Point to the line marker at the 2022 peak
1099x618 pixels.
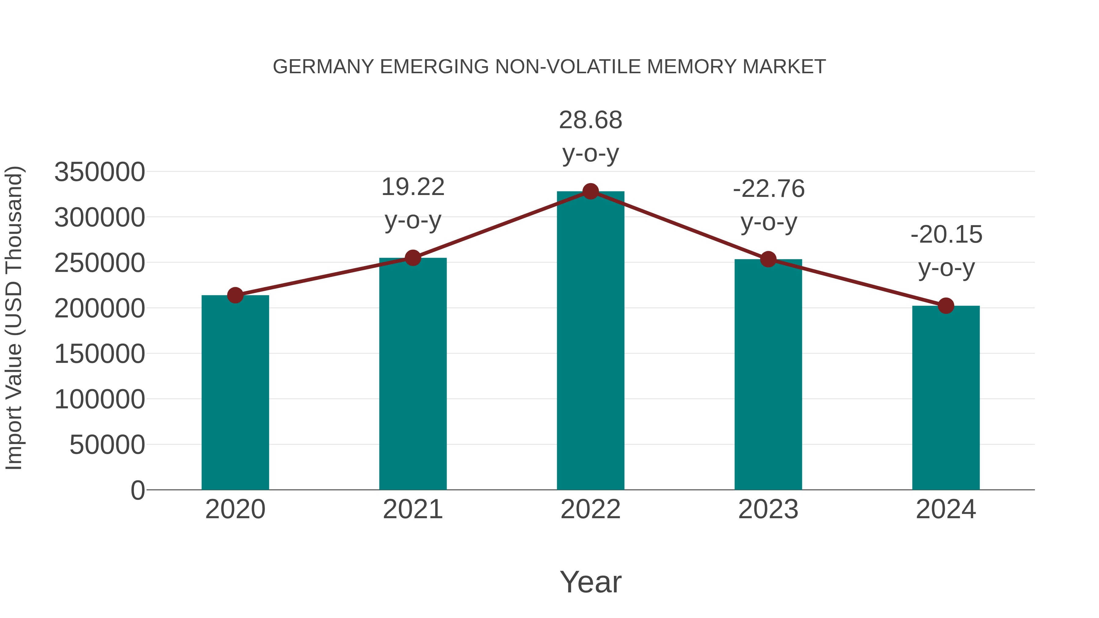(x=590, y=191)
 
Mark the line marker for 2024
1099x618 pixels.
(x=946, y=305)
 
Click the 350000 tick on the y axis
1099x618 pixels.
(x=100, y=172)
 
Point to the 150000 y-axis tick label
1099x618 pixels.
(x=100, y=354)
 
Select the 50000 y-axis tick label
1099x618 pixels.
(x=107, y=445)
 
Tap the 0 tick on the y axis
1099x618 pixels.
(x=138, y=490)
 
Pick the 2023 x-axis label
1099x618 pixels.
(x=768, y=509)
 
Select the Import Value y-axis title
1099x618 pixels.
(x=14, y=318)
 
